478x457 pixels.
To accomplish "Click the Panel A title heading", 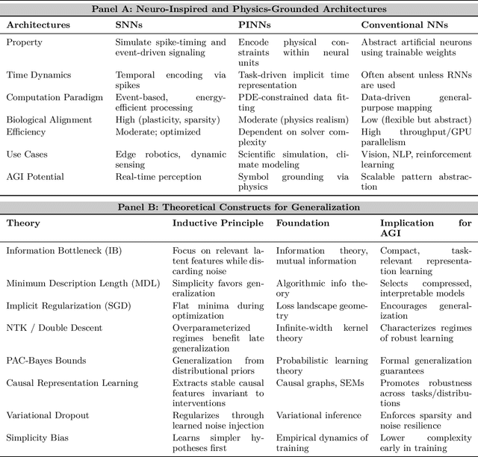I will (239, 9).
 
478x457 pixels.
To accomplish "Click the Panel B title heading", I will (239, 207).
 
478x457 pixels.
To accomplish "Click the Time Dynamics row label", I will (38, 75).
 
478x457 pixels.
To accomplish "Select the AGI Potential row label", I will (36, 177).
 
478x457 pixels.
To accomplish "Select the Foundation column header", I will (303, 223).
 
